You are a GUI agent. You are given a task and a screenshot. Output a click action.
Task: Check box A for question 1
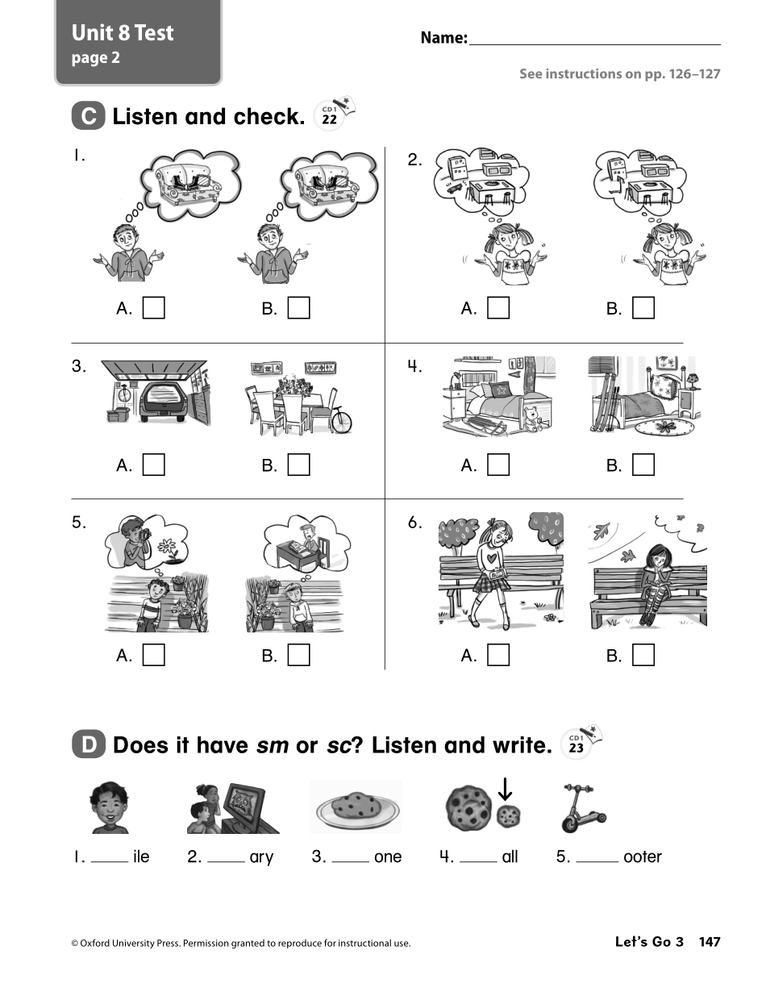click(153, 308)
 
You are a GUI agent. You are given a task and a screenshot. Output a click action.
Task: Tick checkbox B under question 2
click(643, 308)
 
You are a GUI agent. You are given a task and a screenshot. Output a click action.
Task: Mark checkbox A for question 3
click(153, 465)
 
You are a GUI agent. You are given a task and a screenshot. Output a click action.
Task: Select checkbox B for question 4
click(643, 465)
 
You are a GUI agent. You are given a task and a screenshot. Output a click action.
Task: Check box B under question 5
click(298, 655)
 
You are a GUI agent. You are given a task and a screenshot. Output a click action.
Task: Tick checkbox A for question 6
click(498, 655)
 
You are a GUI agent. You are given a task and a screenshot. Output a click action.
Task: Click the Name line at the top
click(594, 38)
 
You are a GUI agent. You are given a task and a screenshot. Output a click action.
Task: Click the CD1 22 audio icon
click(330, 117)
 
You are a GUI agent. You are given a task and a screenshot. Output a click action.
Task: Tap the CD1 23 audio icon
click(577, 744)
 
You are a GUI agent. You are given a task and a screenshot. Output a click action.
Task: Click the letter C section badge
click(88, 117)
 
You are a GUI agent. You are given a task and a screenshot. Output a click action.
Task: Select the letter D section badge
click(88, 744)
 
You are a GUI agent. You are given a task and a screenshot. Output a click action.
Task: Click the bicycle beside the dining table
click(341, 420)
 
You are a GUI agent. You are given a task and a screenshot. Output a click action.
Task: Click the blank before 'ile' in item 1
click(109, 858)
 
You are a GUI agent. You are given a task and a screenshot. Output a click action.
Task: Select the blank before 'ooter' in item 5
click(597, 858)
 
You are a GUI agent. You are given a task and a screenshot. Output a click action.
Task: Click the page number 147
click(709, 942)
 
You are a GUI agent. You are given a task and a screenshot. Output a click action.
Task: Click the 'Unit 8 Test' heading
click(123, 33)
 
